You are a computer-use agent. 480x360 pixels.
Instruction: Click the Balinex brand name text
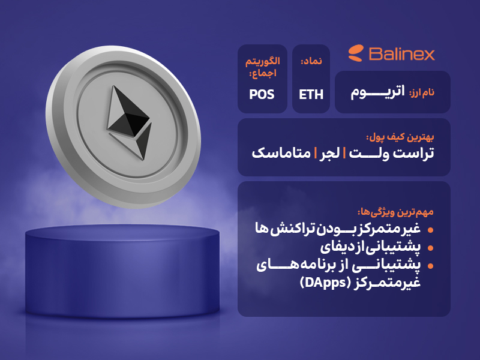401,54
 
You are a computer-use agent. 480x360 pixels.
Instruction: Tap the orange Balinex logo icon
356,53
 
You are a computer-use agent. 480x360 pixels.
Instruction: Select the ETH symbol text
311,95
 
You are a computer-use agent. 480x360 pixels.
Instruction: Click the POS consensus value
262,95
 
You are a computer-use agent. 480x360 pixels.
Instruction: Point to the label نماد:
311,61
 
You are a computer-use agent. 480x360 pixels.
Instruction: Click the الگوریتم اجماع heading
263,67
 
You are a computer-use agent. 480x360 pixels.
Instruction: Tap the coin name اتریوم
377,92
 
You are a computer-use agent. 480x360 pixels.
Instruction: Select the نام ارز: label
422,92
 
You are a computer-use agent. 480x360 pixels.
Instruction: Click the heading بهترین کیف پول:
400,137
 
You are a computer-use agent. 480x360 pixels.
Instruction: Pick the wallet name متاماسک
281,153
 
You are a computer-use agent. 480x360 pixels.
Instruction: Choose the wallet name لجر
329,153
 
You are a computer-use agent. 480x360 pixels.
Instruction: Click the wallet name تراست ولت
392,153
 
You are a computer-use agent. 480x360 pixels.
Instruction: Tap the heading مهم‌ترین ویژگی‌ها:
395,212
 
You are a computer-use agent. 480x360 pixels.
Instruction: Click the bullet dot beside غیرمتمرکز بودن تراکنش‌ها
430,230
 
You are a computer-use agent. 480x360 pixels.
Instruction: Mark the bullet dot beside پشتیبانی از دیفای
430,248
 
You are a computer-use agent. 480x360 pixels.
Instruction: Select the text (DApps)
325,282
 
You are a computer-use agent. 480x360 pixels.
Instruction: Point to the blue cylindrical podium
122,271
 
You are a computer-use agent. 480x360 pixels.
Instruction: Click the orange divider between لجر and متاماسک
315,153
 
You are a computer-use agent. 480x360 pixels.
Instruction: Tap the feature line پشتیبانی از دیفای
370,247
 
